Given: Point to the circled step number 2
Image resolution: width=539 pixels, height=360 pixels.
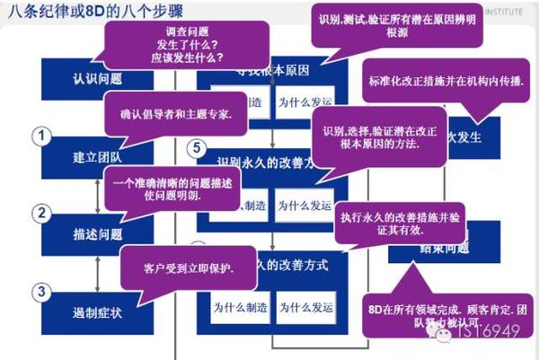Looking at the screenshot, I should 40,214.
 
